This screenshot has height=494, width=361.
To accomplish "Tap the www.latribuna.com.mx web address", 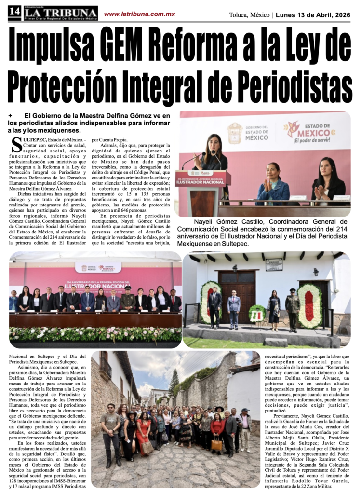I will click(139, 14).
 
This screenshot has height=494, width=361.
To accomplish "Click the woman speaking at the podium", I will click(211, 154).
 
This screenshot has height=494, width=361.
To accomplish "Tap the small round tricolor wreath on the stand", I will click(256, 314).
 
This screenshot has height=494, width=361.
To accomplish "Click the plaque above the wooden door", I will click(274, 264).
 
